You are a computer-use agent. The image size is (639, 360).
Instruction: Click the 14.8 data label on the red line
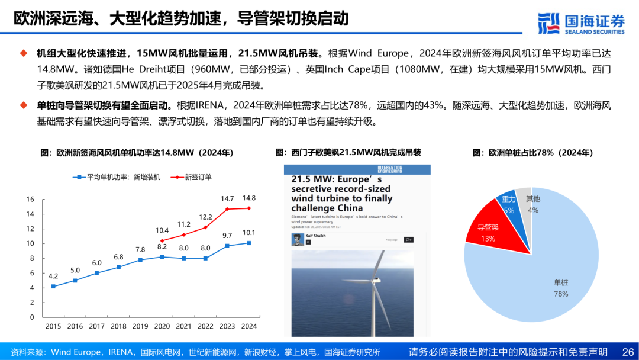(249, 198)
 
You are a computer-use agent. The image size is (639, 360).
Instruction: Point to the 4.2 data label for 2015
(53, 276)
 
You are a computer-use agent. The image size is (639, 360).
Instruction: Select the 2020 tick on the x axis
(162, 326)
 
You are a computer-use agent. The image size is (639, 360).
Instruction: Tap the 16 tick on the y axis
(30, 200)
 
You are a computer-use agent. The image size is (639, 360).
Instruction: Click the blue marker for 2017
(96, 273)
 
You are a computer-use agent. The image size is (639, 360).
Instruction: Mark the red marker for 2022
(205, 227)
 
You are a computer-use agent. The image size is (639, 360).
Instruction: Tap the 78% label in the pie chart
(560, 294)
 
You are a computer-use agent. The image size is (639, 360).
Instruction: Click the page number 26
(627, 352)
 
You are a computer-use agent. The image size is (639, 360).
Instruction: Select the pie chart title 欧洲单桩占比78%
(532, 153)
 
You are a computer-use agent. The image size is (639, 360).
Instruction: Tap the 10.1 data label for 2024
(249, 233)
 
